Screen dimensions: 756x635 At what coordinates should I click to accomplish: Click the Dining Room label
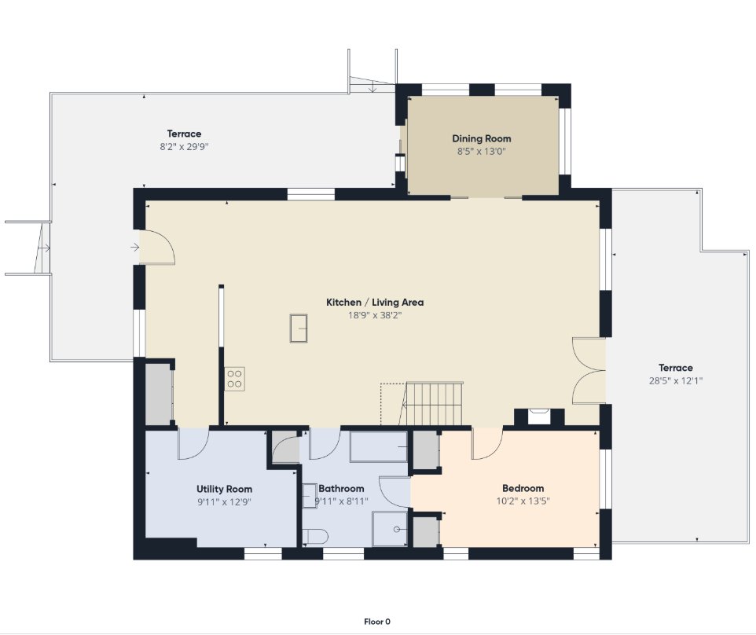coord(481,138)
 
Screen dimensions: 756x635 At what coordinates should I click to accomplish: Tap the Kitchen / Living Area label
coord(375,303)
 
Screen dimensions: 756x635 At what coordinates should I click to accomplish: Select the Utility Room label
coord(224,489)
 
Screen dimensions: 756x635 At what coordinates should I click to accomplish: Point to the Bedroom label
coord(523,488)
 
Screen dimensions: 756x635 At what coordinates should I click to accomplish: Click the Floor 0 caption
coord(377,622)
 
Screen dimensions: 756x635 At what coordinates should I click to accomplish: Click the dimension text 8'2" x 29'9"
coord(184,147)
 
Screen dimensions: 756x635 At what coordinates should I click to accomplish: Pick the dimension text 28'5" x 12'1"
coord(676,380)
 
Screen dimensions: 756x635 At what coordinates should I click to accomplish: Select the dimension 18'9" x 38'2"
coord(375,315)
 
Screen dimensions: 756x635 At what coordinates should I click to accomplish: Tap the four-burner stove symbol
coord(235,379)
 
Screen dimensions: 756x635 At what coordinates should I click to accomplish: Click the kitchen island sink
coord(299,329)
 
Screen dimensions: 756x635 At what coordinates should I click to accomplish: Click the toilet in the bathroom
coord(315,537)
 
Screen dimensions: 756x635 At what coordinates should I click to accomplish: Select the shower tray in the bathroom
coord(390,529)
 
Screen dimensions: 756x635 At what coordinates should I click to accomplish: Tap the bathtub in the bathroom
coord(379,447)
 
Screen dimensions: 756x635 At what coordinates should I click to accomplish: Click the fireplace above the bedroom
coord(539,417)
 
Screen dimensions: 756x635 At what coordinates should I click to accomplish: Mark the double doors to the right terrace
coord(589,370)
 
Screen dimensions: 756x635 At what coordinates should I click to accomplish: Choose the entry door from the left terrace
coord(157,247)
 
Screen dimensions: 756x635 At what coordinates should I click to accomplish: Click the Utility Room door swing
coord(193,443)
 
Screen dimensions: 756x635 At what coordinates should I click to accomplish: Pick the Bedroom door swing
coord(487,443)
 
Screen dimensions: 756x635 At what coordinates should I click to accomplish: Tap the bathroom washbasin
coord(309,496)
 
